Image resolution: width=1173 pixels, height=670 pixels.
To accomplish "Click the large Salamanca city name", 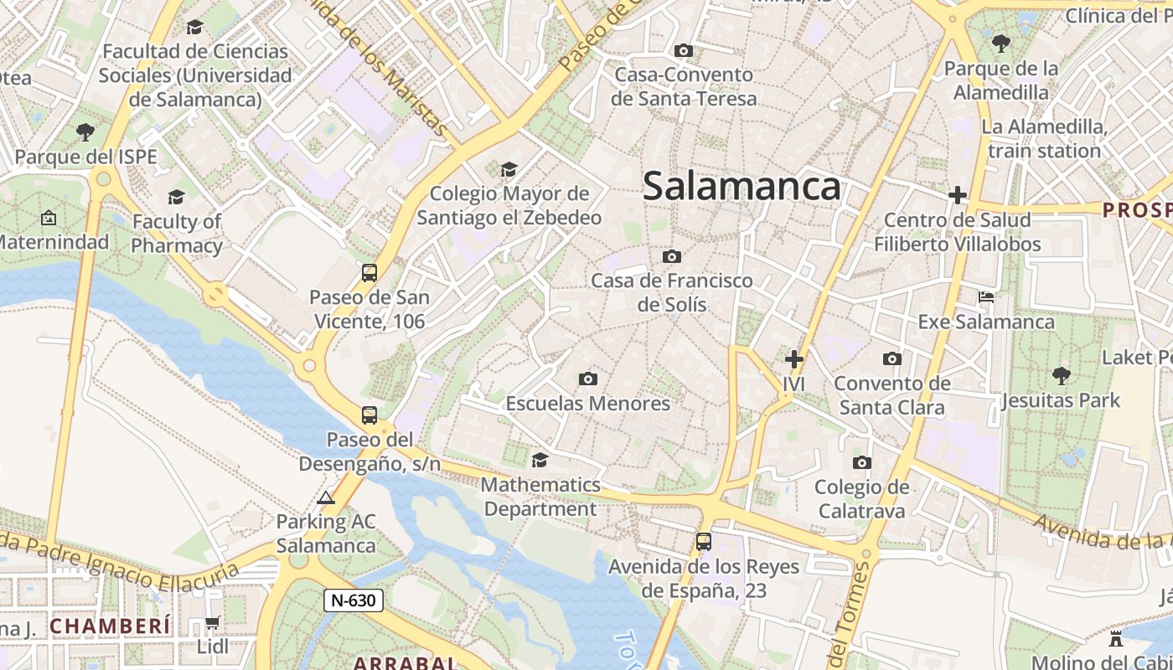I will click(x=742, y=186).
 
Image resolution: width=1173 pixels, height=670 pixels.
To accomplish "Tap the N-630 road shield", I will click(x=354, y=600).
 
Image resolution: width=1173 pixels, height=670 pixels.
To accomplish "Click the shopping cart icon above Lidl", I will click(x=213, y=623).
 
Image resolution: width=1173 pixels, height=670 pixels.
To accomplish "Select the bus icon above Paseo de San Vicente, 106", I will click(x=369, y=272).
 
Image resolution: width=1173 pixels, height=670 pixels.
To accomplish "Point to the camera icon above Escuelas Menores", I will click(x=588, y=379).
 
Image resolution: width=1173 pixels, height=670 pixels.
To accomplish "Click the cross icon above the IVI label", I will click(x=793, y=360).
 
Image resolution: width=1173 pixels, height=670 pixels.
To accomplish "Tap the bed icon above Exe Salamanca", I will click(x=986, y=297).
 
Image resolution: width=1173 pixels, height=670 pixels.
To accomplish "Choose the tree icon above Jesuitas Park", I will click(x=1061, y=375).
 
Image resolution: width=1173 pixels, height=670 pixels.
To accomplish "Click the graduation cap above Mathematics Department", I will click(x=540, y=460).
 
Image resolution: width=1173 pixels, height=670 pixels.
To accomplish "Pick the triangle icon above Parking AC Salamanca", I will click(x=326, y=497).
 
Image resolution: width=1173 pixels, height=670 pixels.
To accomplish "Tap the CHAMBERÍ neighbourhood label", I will click(x=110, y=625).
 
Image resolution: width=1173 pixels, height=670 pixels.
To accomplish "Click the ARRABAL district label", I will click(x=406, y=662).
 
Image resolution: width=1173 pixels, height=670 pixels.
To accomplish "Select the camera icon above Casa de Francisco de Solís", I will click(x=671, y=256).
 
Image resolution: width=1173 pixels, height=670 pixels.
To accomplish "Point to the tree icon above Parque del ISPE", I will click(x=85, y=131).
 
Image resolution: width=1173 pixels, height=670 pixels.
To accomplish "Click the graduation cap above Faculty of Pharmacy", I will click(x=176, y=197).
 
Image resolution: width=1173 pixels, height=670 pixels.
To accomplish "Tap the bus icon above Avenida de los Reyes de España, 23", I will click(x=703, y=542).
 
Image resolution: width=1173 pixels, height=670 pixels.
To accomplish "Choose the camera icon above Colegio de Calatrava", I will click(x=861, y=462).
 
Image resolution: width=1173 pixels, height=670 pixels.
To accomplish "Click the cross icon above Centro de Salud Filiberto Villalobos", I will click(x=957, y=196).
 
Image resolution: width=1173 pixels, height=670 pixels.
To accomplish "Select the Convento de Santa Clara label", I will click(x=892, y=395).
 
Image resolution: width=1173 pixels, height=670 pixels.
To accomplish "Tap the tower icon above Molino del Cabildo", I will click(x=1115, y=638).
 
